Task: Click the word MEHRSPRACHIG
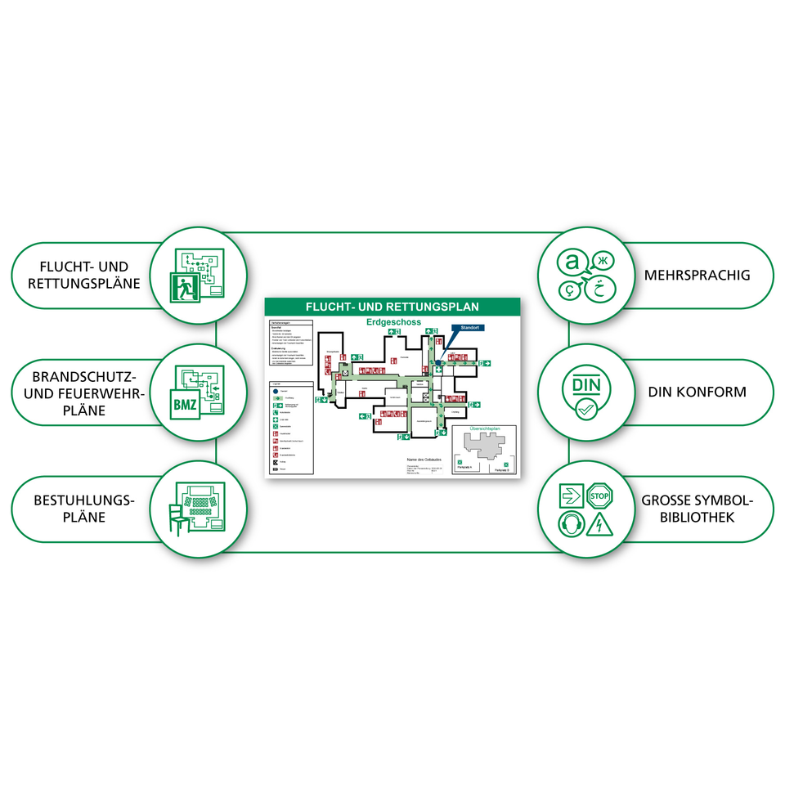pos(697,276)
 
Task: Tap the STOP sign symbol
pos(600,495)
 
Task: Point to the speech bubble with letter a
pos(571,262)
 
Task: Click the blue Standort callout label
pos(467,328)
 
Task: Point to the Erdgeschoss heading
pos(393,322)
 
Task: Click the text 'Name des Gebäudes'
pos(424,459)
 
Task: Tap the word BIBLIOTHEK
pos(697,517)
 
